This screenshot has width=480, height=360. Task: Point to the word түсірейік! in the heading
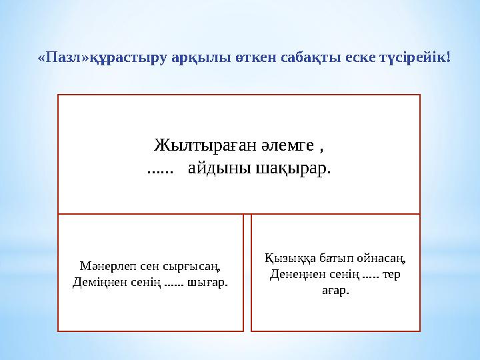coord(416,58)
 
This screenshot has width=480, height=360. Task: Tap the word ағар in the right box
coord(335,291)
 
